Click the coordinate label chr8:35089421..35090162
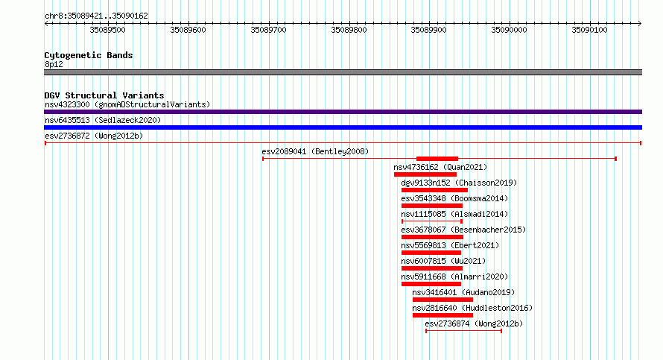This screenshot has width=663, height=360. tap(96, 16)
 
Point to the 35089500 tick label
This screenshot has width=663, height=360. tap(107, 30)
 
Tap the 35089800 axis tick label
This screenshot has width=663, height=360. tap(349, 30)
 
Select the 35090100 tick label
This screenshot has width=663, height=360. tap(589, 30)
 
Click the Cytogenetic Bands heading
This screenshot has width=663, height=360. tap(89, 55)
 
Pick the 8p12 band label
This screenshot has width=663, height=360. tap(54, 64)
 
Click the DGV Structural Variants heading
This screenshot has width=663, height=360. tap(104, 95)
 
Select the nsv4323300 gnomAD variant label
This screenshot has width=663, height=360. tap(127, 104)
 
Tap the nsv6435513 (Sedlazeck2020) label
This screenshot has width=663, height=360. tap(103, 120)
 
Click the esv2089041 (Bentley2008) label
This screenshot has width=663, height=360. tap(315, 151)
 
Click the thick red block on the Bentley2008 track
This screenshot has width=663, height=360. tap(437, 159)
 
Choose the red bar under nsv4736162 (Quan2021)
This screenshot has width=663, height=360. tap(425, 174)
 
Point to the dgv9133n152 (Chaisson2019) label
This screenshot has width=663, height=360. tap(459, 183)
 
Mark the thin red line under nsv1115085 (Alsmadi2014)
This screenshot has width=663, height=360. tap(432, 221)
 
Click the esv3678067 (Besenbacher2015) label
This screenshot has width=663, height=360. tap(463, 230)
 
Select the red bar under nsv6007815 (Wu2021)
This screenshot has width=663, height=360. tap(432, 268)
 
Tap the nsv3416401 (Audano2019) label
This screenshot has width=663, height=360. tap(463, 292)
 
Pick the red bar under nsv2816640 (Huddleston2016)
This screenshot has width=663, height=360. tap(442, 315)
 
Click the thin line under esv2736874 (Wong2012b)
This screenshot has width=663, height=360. tap(464, 331)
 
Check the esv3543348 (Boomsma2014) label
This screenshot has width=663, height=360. tap(454, 198)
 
